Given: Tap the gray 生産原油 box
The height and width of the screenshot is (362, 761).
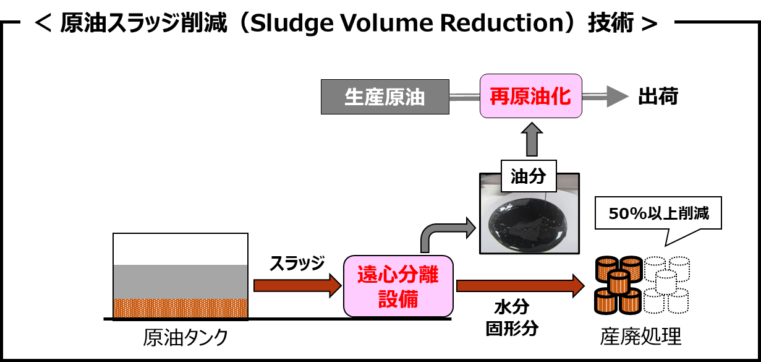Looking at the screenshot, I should (385, 97).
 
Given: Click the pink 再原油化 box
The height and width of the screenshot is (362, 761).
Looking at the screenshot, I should (531, 97).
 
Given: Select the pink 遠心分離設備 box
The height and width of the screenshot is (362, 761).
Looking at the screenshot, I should (398, 286).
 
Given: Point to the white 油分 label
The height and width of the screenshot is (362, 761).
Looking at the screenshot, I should (528, 177).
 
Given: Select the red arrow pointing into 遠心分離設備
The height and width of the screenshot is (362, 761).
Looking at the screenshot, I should (297, 285).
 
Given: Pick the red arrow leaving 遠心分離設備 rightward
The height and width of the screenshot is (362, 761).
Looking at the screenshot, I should (519, 285).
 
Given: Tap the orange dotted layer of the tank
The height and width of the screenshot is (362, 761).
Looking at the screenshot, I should (180, 308).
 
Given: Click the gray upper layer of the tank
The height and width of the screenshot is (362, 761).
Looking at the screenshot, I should (180, 282).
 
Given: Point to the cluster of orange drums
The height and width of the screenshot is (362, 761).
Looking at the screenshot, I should (618, 285).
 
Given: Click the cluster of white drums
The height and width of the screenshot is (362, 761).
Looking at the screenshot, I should (666, 285).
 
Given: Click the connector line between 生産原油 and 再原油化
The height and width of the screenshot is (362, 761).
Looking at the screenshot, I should (464, 97).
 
